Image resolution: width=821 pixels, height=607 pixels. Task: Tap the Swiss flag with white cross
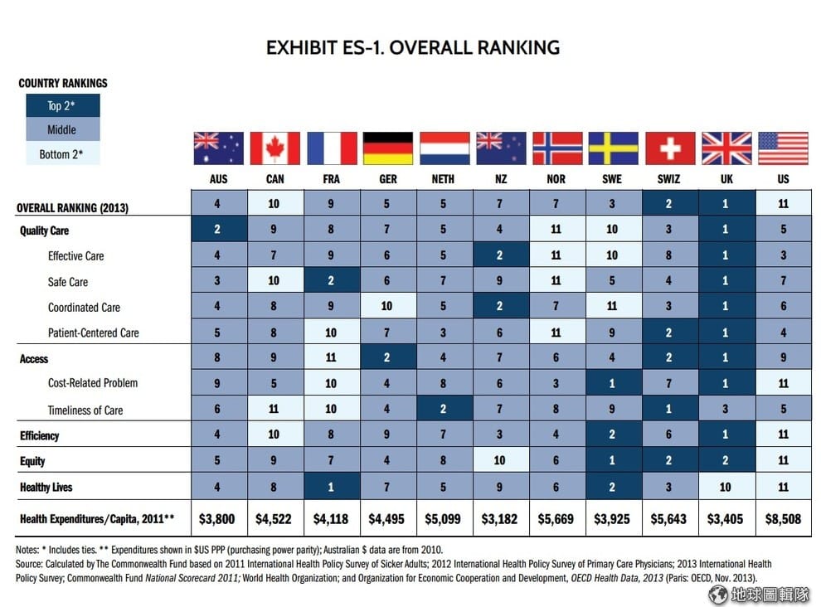click(670, 148)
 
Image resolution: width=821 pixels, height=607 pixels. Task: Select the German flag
click(388, 148)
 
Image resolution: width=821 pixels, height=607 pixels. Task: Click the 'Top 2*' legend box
click(61, 105)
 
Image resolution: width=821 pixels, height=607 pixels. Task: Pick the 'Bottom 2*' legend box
click(61, 154)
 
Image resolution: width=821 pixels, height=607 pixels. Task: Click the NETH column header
click(444, 179)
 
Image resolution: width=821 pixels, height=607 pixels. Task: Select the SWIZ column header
click(669, 179)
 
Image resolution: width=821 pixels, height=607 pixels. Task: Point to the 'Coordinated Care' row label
click(84, 308)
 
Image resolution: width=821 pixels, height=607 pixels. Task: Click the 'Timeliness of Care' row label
click(85, 410)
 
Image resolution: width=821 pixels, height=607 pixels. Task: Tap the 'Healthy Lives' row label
click(46, 488)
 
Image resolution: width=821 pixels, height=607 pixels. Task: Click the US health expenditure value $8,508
click(783, 520)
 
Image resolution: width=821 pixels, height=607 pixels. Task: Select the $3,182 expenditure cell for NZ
click(500, 520)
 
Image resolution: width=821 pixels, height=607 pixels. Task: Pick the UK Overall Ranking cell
click(726, 204)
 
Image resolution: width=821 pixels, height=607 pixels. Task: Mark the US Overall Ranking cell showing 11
click(783, 204)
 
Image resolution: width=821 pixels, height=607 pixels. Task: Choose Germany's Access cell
click(388, 359)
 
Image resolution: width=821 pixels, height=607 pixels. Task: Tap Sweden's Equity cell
click(614, 461)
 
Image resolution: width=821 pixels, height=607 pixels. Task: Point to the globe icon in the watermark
click(718, 594)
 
